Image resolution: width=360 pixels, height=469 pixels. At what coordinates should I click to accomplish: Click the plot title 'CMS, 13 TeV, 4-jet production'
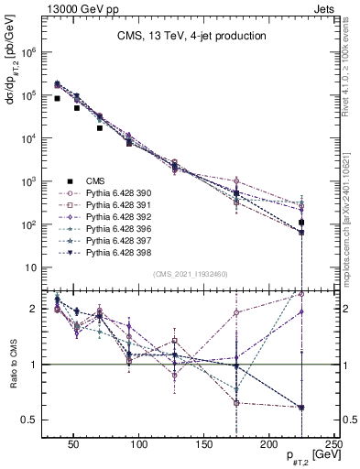(191, 37)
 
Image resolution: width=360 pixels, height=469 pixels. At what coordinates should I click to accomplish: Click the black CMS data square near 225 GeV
(301, 223)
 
